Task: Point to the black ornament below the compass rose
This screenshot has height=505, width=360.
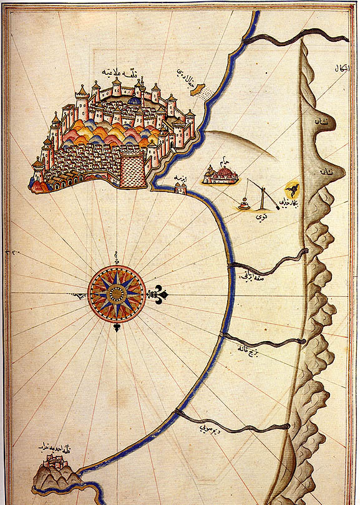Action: (x=117, y=328)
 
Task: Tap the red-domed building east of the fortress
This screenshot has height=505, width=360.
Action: (x=221, y=176)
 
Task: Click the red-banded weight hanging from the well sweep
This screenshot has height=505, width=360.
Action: (x=244, y=203)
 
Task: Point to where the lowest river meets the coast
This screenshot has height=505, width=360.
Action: (x=178, y=413)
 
